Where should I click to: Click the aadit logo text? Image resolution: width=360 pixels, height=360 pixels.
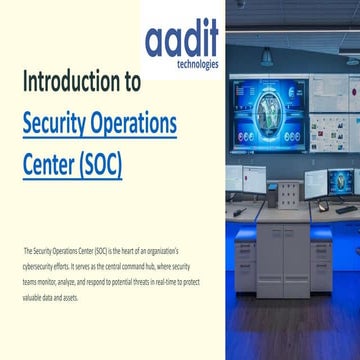coord(181,41)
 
